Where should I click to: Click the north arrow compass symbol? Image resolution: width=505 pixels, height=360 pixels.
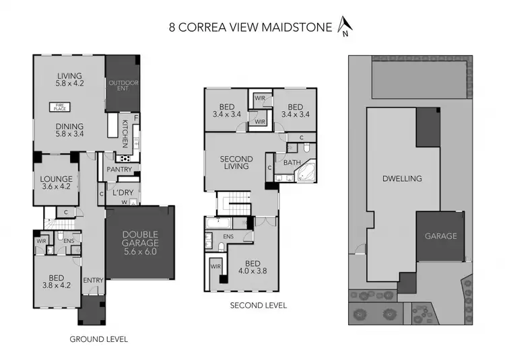click(x=345, y=26)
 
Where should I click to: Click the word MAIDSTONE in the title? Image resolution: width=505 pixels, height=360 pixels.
click(x=300, y=28)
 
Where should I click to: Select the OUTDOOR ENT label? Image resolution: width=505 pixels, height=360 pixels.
click(x=122, y=85)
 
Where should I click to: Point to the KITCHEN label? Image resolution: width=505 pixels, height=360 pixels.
click(x=125, y=133)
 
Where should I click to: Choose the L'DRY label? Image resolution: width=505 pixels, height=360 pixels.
click(x=123, y=192)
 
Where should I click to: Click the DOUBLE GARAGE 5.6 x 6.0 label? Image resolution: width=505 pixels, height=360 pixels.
click(x=140, y=243)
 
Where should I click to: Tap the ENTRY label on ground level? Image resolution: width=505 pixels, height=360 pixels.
click(x=92, y=280)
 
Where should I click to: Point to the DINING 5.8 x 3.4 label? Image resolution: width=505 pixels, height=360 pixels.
click(x=69, y=130)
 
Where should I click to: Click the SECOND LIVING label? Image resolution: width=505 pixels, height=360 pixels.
click(x=236, y=163)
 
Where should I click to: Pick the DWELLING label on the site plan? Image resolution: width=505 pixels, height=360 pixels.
click(x=401, y=179)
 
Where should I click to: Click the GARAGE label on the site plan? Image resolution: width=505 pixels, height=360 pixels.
click(x=440, y=236)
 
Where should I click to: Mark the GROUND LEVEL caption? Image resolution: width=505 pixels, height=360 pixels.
click(x=98, y=339)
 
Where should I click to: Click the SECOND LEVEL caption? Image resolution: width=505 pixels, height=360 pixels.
click(x=258, y=305)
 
